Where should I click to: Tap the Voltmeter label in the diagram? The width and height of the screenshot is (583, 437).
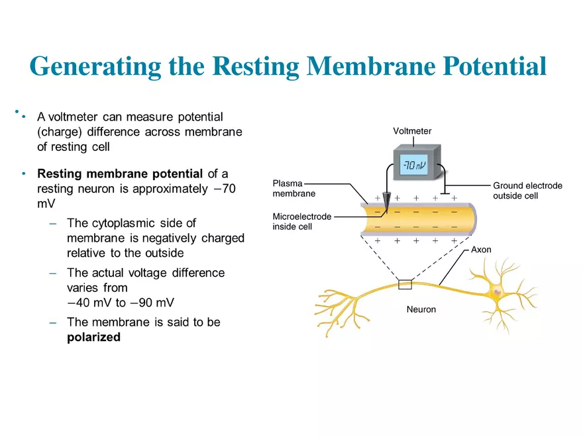pyautogui.click(x=412, y=131)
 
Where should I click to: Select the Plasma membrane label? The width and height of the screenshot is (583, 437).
pyautogui.click(x=294, y=188)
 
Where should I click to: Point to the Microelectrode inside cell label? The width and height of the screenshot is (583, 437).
pyautogui.click(x=301, y=222)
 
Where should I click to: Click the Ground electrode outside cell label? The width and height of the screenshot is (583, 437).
pyautogui.click(x=527, y=191)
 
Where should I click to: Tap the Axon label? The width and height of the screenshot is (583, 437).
pyautogui.click(x=481, y=250)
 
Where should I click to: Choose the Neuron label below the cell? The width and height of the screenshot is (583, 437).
pyautogui.click(x=421, y=309)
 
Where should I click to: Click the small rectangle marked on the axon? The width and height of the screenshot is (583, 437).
pyautogui.click(x=405, y=285)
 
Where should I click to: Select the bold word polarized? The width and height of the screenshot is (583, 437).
pyautogui.click(x=93, y=337)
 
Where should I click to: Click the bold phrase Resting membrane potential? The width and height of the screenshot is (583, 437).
pyautogui.click(x=120, y=174)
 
